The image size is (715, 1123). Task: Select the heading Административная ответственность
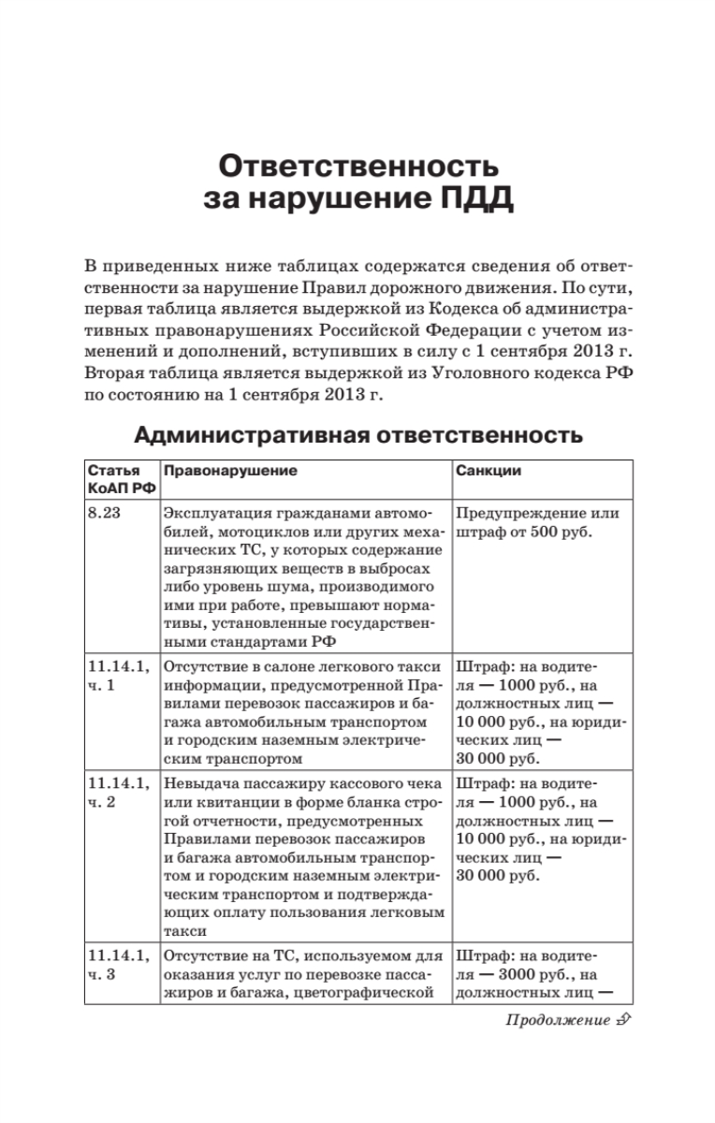pos(358,435)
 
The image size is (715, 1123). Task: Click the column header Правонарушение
pos(230,471)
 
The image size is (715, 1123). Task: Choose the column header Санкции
pos(488,471)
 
